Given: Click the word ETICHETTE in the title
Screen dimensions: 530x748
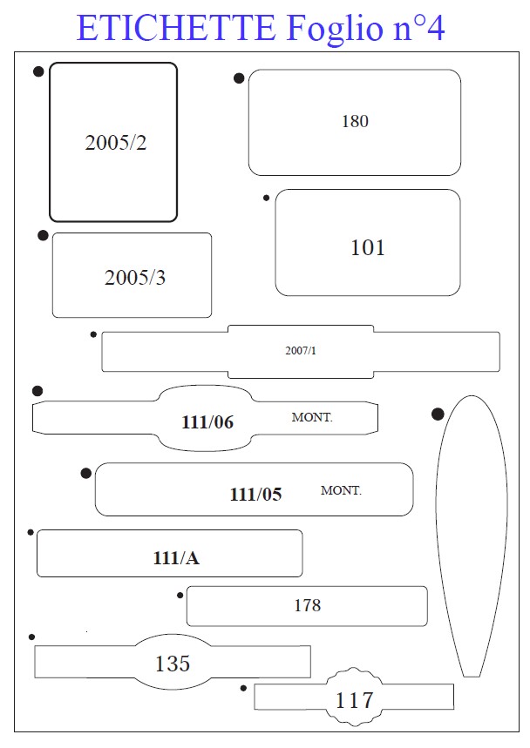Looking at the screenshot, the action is (x=176, y=28).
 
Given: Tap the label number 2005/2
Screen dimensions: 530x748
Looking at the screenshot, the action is (x=116, y=143).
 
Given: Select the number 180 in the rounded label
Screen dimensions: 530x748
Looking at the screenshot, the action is (x=355, y=121).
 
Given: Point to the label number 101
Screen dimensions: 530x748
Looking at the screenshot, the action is (x=368, y=247).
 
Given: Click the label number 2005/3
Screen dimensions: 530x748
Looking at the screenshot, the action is (x=135, y=278).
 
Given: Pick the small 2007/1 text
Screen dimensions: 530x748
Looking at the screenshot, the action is (x=301, y=351).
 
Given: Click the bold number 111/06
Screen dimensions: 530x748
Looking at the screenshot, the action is (x=207, y=422).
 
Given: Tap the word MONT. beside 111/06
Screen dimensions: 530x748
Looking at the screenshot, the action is (x=312, y=417).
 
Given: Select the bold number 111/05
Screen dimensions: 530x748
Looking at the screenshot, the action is (x=256, y=495).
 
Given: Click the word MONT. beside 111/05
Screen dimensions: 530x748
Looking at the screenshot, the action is (x=341, y=490).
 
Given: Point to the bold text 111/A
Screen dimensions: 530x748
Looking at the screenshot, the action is (x=176, y=557).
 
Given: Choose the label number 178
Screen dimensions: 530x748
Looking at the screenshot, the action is (x=308, y=605).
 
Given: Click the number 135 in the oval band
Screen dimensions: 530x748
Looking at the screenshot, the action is (x=173, y=664).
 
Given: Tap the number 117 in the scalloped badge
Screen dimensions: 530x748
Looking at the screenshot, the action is (x=354, y=700).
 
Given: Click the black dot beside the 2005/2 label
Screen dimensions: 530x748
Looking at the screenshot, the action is (x=38, y=71).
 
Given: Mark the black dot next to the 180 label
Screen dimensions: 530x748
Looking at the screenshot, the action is (x=239, y=78).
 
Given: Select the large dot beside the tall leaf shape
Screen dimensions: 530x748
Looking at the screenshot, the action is (x=438, y=414).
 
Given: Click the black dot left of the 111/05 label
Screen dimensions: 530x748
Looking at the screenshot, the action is (x=86, y=473).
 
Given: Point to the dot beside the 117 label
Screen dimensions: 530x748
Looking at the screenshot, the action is (x=243, y=688).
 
